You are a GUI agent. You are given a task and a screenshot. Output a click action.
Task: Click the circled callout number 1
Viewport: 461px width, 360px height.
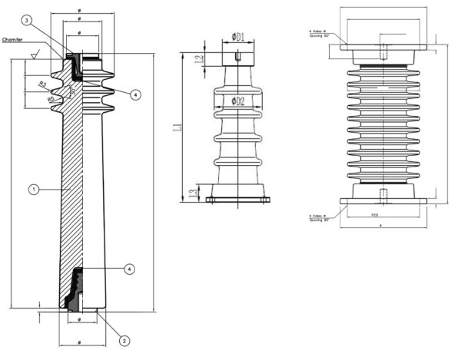[32, 187]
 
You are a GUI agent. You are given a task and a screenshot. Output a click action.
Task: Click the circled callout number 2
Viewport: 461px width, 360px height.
[124, 339]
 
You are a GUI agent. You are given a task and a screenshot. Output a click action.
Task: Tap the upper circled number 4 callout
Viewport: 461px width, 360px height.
[134, 95]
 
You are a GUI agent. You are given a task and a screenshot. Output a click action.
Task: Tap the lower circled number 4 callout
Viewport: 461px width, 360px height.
[129, 269]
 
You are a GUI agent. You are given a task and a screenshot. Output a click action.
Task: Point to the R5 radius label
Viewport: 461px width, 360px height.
[51, 98]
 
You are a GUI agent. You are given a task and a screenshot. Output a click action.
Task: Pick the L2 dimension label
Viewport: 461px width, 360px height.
[198, 59]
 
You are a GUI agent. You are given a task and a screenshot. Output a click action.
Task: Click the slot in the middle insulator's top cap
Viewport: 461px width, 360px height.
[239, 54]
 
